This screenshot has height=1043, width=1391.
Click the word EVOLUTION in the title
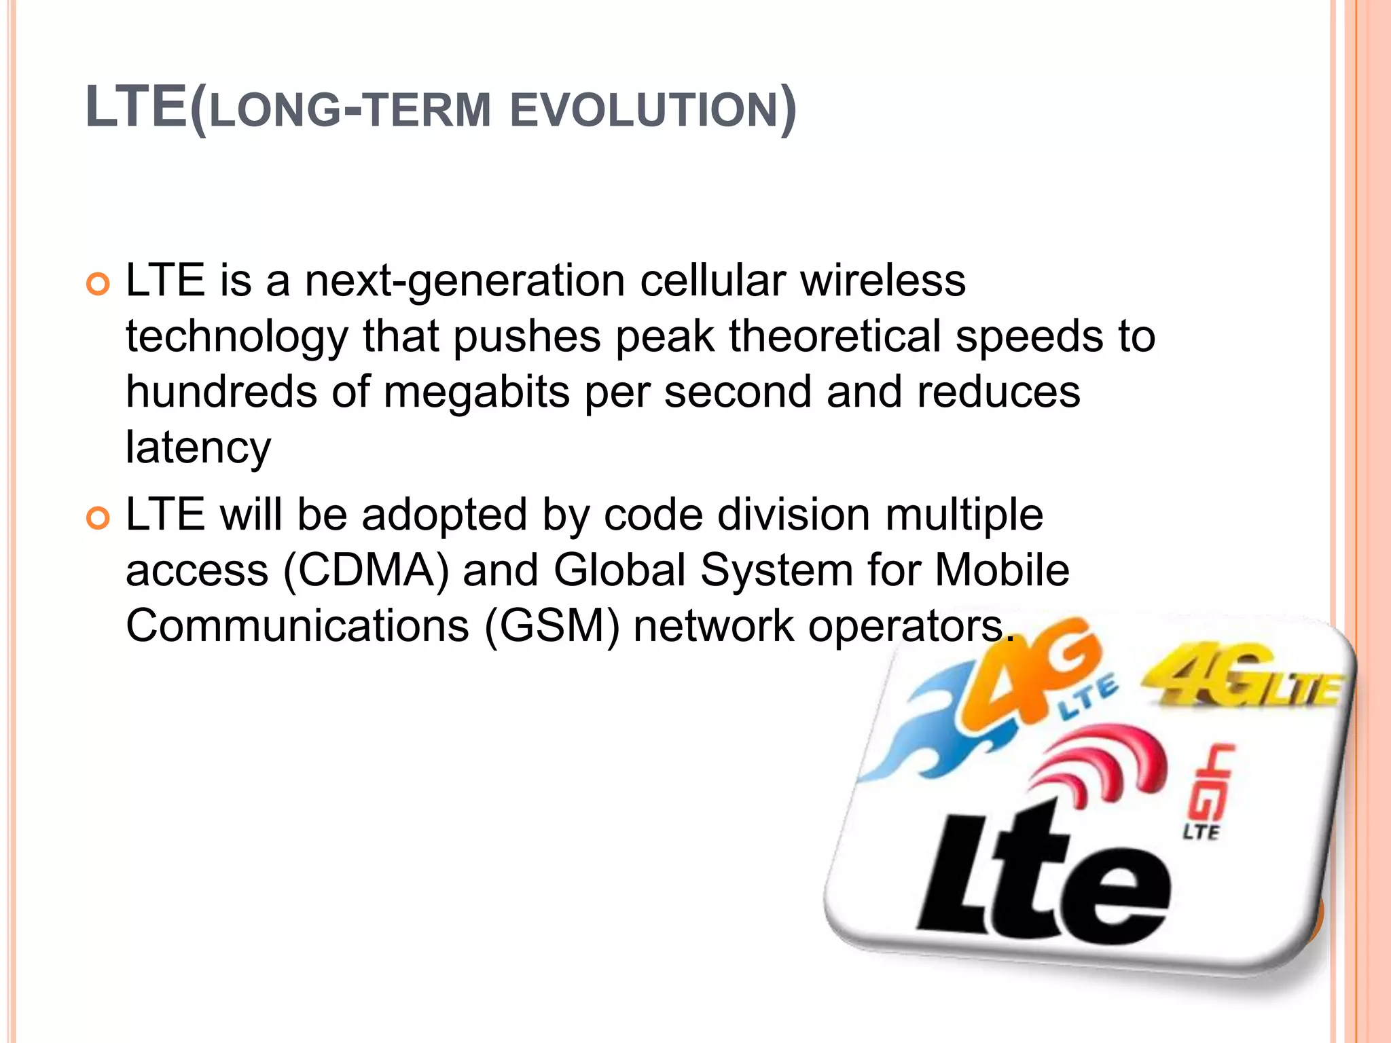pos(643,110)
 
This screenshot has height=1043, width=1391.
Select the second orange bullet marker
pos(98,519)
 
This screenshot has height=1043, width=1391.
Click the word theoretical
pos(835,336)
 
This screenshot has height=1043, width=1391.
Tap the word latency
pos(198,448)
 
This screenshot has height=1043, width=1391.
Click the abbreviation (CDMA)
pos(366,570)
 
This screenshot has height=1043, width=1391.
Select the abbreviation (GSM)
pos(552,626)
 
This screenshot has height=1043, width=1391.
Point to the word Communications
pos(297,626)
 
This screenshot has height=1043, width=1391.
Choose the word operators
pos(910,626)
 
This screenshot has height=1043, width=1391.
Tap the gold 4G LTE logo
pos(1243,679)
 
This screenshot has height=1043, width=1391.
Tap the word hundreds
pos(221,392)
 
